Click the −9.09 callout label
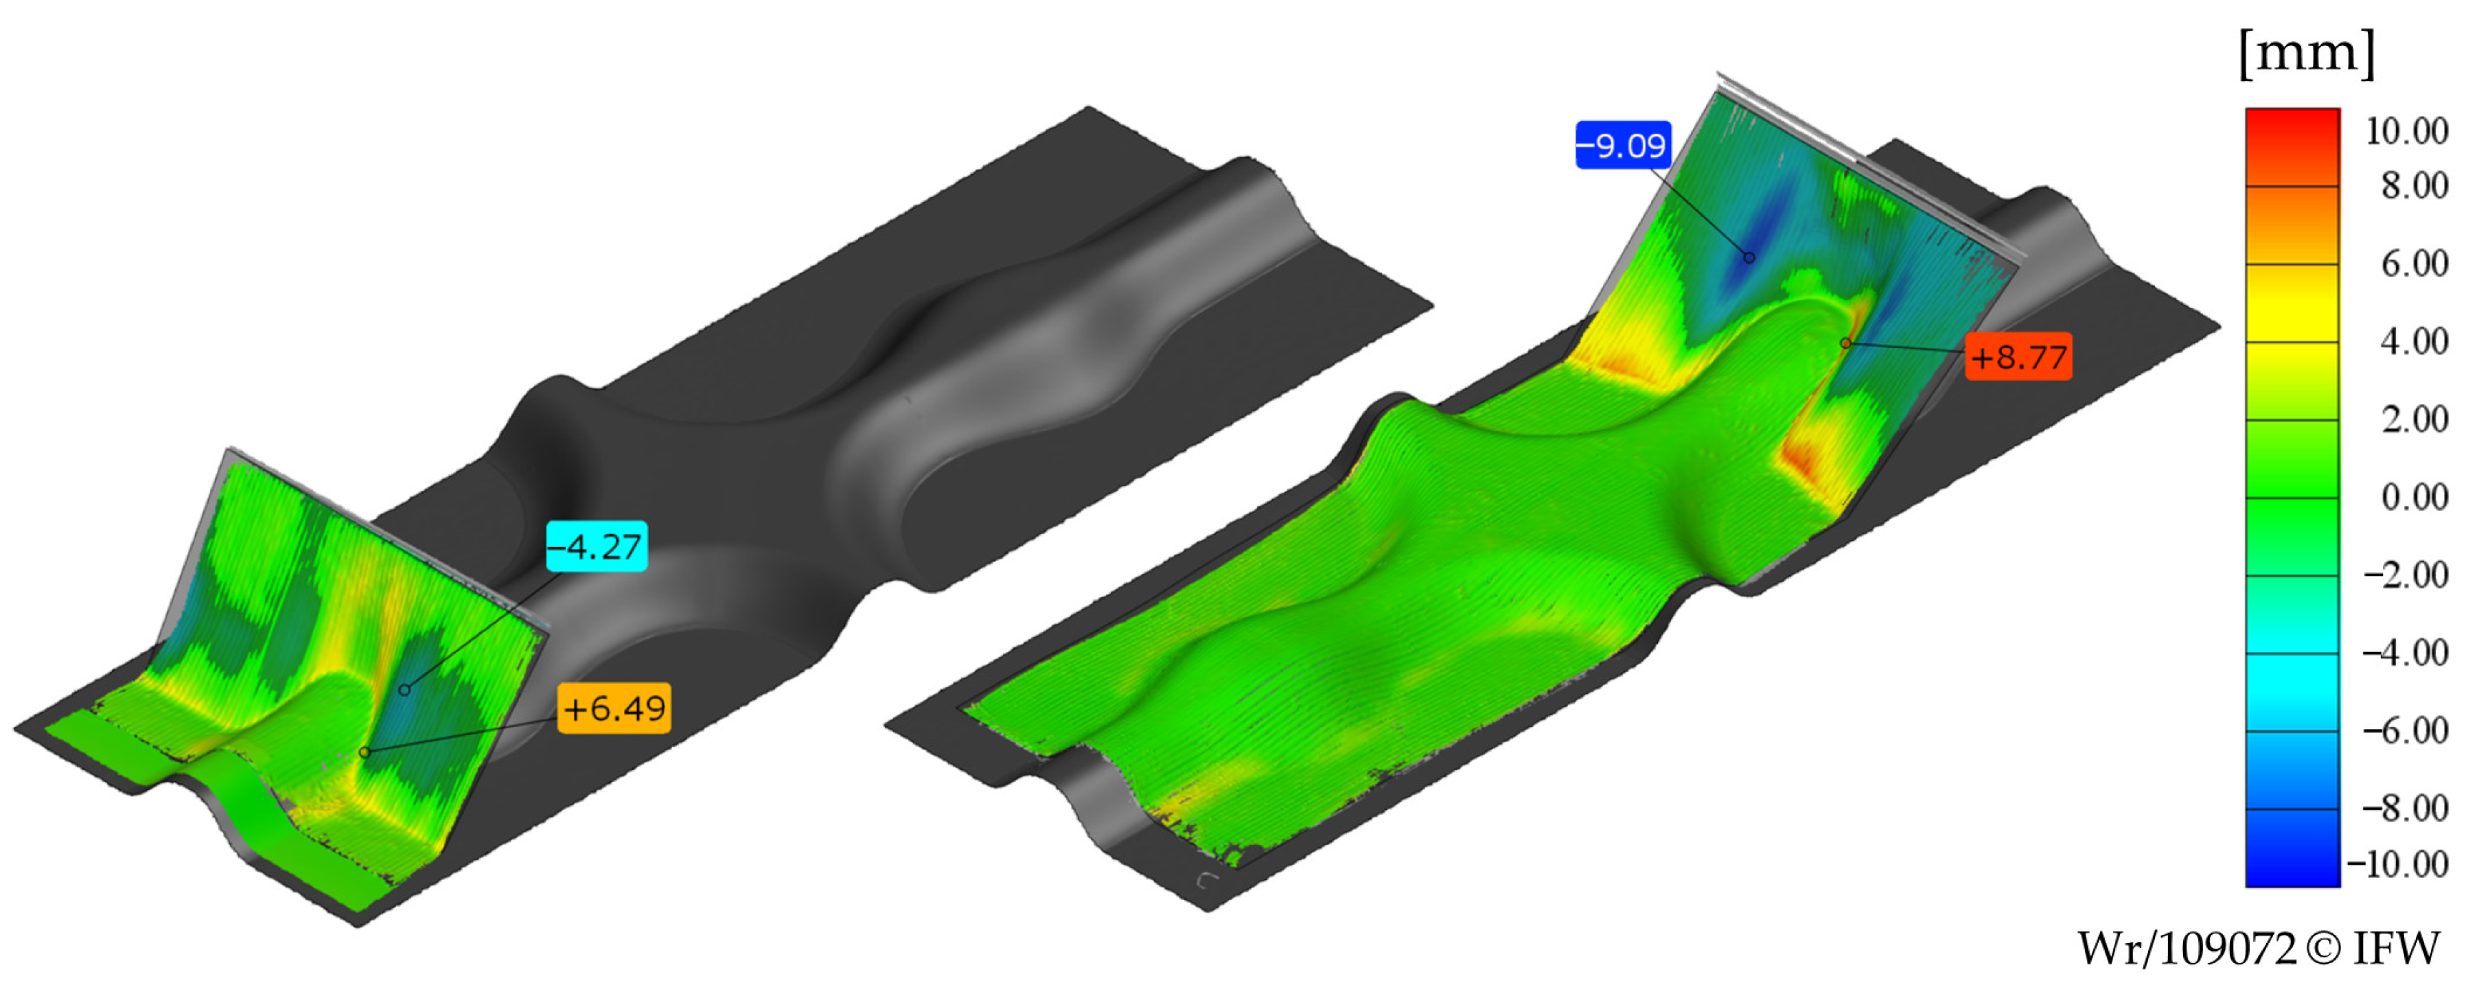[1622, 146]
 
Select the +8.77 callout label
[2018, 357]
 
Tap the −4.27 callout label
[597, 546]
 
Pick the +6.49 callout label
[614, 708]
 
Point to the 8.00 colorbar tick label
[2414, 186]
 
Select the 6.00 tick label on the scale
[2414, 264]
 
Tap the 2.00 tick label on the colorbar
[2414, 419]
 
